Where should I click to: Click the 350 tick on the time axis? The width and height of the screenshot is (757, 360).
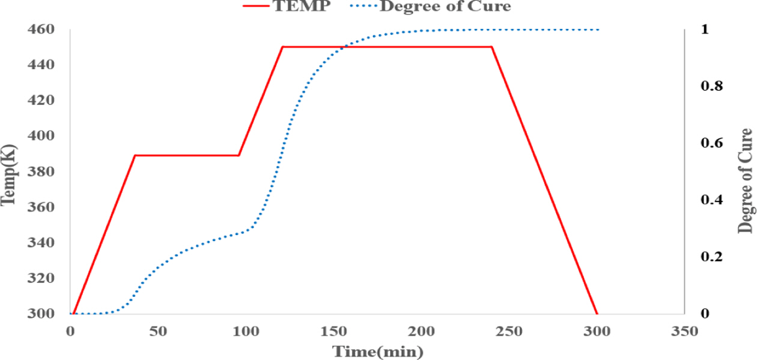tap(684, 331)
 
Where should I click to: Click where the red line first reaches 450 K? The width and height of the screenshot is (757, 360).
tap(282, 47)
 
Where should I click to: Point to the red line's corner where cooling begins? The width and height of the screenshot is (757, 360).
tap(492, 47)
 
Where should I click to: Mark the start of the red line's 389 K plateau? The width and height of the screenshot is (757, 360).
tap(135, 155)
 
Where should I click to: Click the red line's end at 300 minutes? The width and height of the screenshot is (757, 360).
tap(597, 313)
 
